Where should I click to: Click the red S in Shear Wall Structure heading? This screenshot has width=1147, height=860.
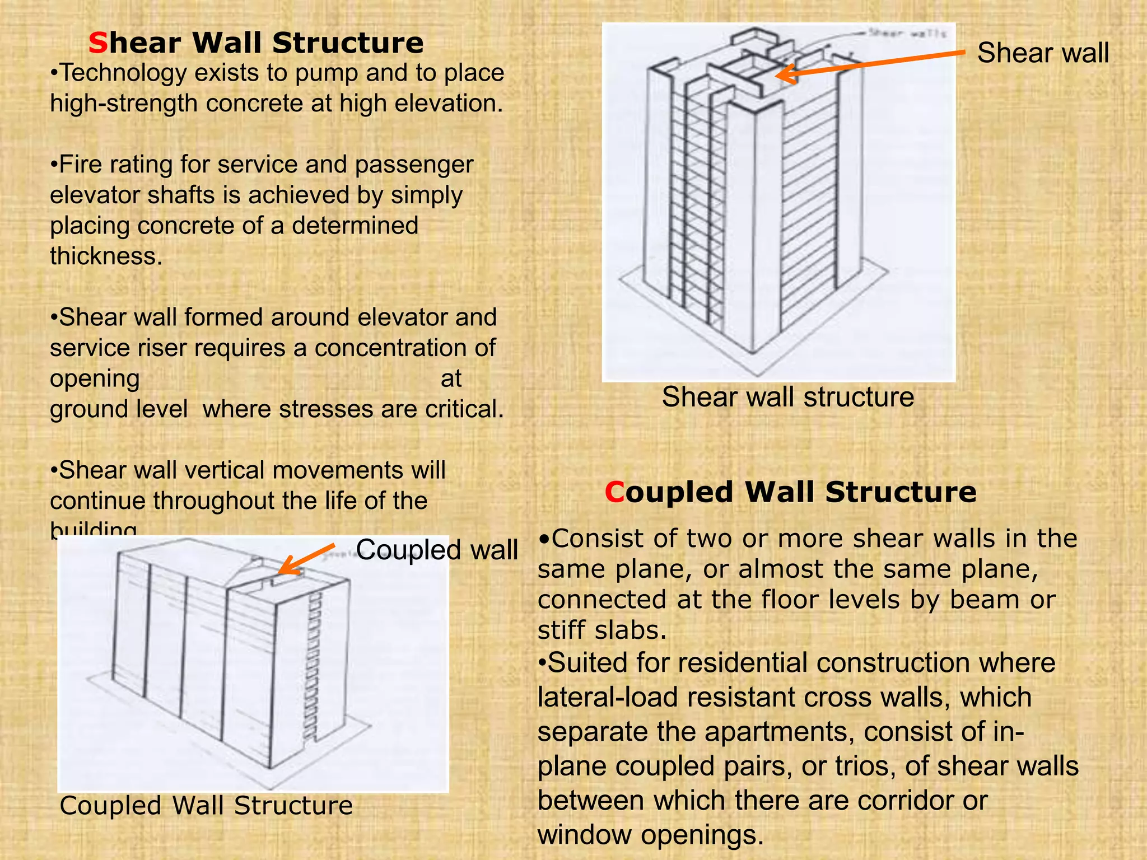click(97, 43)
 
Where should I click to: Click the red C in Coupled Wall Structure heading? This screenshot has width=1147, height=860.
click(614, 492)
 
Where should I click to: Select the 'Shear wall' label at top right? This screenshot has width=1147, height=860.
click(1043, 53)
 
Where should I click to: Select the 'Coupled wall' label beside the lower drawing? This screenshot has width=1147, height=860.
click(437, 549)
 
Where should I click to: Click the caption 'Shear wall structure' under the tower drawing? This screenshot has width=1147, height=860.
click(787, 397)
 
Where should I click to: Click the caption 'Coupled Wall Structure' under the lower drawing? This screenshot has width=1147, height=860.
click(206, 806)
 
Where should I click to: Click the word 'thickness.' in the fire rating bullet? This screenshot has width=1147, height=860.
click(106, 256)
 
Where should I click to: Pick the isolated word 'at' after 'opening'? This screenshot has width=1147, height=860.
click(451, 378)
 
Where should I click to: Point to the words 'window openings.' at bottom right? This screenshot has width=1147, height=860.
click(650, 835)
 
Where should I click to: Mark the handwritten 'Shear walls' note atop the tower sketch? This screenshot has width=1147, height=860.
click(907, 34)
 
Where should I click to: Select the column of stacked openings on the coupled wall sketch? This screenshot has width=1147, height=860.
click(314, 666)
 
